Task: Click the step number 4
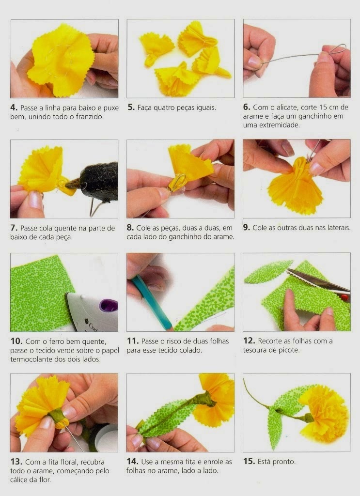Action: (14, 108)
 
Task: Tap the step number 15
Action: (249, 461)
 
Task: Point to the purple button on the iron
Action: (109, 306)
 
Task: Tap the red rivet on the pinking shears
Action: (344, 297)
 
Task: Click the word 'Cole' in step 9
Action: (259, 228)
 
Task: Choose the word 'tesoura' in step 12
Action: (254, 350)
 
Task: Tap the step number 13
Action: (16, 462)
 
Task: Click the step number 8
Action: (130, 228)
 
